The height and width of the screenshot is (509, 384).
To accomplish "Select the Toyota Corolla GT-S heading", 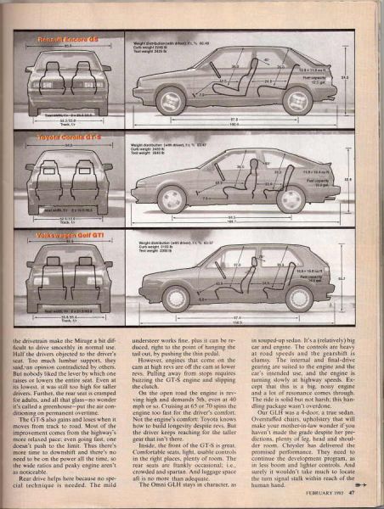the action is [66, 136].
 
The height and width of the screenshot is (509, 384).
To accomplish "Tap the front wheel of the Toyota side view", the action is [172, 199].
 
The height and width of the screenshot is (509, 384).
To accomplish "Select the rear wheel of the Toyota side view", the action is [291, 199].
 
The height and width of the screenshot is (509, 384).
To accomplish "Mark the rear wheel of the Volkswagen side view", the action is [298, 298].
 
